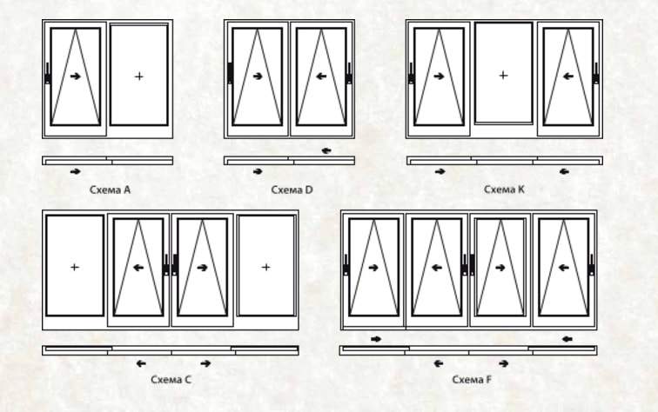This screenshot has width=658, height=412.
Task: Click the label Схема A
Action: (x=110, y=189)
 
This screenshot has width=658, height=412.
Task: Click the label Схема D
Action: (x=292, y=189)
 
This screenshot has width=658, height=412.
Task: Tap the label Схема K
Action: (x=504, y=189)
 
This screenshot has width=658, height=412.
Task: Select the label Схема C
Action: (x=171, y=380)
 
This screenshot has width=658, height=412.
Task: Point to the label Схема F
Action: (x=472, y=380)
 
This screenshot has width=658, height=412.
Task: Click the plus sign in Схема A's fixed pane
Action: (x=139, y=76)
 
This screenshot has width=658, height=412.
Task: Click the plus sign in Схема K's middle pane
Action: (x=503, y=76)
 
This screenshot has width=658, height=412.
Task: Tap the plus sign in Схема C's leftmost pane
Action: (x=75, y=267)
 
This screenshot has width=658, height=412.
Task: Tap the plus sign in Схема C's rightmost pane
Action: (x=265, y=267)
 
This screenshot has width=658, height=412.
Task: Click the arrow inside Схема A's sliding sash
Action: (x=76, y=76)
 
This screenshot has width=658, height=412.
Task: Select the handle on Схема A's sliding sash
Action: (x=47, y=74)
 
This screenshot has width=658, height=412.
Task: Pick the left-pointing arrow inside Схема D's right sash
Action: (x=321, y=76)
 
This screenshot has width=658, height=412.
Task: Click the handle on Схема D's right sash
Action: (x=349, y=74)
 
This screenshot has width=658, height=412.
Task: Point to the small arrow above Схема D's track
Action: (x=326, y=151)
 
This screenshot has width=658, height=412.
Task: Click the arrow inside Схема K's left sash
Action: (x=439, y=76)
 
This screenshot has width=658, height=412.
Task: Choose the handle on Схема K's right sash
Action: (x=596, y=74)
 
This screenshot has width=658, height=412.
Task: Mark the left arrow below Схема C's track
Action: (x=141, y=363)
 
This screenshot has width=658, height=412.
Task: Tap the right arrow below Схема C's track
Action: (x=205, y=363)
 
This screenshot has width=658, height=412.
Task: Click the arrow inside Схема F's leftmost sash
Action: (x=373, y=268)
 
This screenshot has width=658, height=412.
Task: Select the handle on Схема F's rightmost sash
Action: (x=591, y=265)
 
